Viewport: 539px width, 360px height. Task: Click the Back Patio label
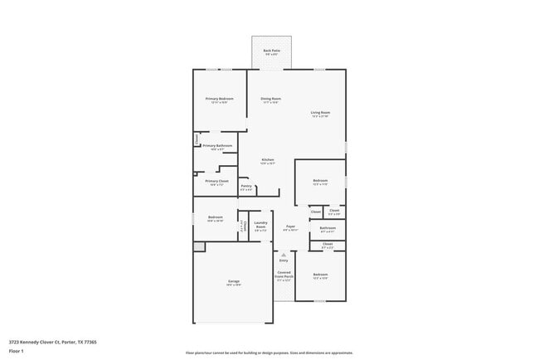(x=272, y=51)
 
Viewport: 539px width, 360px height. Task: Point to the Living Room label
(x=320, y=114)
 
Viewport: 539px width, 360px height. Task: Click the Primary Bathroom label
(x=217, y=147)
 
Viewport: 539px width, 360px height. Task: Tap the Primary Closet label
(x=217, y=182)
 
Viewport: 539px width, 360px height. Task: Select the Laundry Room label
(x=260, y=224)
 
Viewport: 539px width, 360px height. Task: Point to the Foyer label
(x=290, y=227)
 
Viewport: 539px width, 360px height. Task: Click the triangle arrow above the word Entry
(x=284, y=255)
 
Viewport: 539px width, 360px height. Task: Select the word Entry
(x=284, y=260)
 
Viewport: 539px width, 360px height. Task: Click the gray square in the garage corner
(x=198, y=247)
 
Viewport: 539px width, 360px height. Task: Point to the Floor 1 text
(x=16, y=351)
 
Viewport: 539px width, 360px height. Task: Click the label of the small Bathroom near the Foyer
(x=328, y=229)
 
